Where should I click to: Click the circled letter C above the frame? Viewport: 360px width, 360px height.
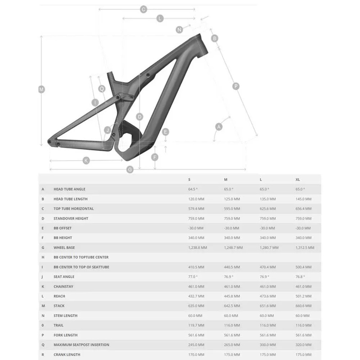pyautogui.click(x=144, y=9)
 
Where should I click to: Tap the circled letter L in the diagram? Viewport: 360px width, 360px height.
pyautogui.click(x=160, y=18)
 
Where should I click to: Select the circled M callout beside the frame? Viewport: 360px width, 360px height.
pyautogui.click(x=42, y=89)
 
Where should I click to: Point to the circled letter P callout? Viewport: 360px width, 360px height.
pyautogui.click(x=236, y=86)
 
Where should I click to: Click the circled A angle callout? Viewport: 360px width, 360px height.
pyautogui.click(x=219, y=126)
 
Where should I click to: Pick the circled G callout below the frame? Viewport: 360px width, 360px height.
pyautogui.click(x=130, y=169)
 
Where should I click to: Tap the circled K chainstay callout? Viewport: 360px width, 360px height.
pyautogui.click(x=86, y=160)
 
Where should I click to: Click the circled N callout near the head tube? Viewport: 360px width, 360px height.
pyautogui.click(x=179, y=30)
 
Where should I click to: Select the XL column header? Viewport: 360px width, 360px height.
pyautogui.click(x=298, y=180)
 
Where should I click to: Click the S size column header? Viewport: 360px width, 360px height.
pyautogui.click(x=189, y=180)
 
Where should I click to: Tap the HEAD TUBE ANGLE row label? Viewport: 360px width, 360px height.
pyautogui.click(x=69, y=189)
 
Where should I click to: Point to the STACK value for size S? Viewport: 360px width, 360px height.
pyautogui.click(x=196, y=306)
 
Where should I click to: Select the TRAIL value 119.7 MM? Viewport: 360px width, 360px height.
pyautogui.click(x=196, y=325)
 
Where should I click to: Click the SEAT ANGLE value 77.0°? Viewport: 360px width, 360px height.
pyautogui.click(x=193, y=277)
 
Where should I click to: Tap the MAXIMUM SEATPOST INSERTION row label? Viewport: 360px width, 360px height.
pyautogui.click(x=81, y=345)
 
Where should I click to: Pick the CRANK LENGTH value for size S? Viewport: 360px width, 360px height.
pyautogui.click(x=196, y=355)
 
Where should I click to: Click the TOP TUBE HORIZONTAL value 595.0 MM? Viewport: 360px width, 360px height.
pyautogui.click(x=232, y=209)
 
